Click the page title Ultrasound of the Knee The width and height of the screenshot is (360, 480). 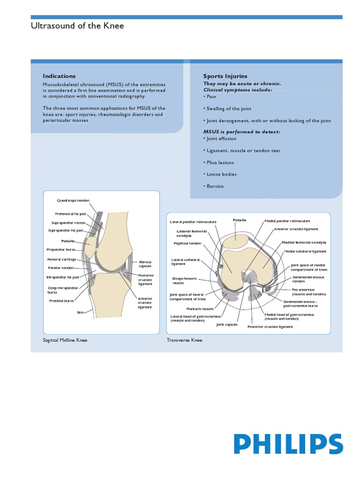coord(77,26)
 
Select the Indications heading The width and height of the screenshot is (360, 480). coord(59,76)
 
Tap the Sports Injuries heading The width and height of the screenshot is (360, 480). coord(225,76)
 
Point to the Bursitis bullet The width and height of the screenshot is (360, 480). coord(214,186)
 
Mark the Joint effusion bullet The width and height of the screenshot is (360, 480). coord(221,139)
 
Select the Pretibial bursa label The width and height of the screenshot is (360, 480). coord(62,301)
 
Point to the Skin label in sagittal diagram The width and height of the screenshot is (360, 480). coord(80,312)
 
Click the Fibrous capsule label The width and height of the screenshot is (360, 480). coord(145,264)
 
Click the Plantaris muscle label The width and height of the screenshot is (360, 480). coord(200,309)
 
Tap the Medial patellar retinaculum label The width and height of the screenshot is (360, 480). coord(287,221)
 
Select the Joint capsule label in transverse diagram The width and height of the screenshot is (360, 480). coord(227,324)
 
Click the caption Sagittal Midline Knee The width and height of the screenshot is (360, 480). coord(65,340)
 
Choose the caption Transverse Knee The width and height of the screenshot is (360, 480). coord(184,340)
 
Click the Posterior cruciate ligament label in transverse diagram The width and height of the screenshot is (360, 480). coord(270,327)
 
